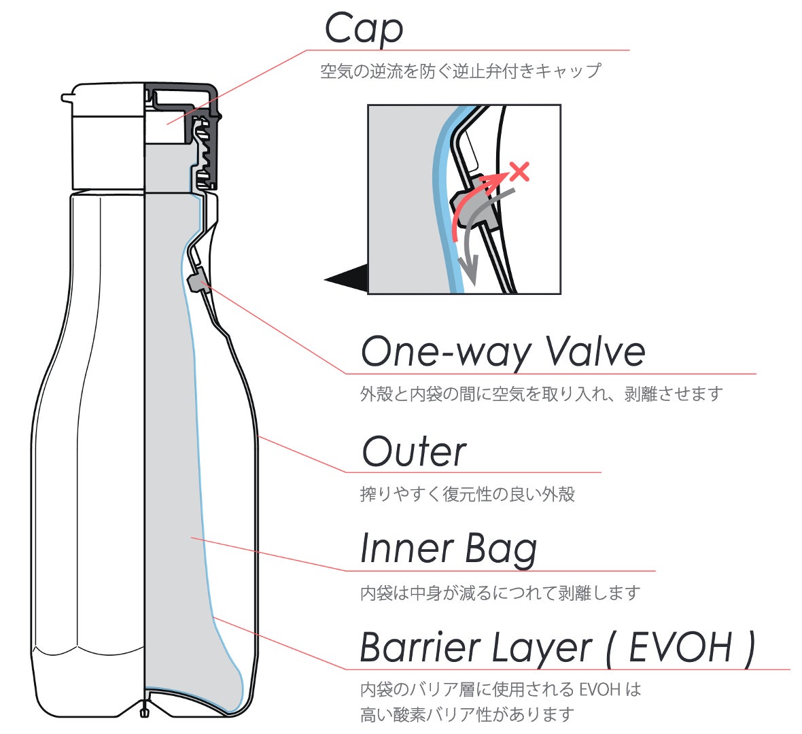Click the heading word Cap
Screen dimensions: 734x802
[x=364, y=29]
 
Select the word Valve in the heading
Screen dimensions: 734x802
[x=595, y=351]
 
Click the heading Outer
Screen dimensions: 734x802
[x=414, y=451]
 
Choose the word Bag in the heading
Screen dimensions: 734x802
[x=501, y=550]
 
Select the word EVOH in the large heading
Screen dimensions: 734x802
[x=680, y=647]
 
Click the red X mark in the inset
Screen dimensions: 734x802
[x=519, y=171]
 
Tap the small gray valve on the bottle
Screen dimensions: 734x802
[x=194, y=281]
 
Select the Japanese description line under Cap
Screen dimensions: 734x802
[x=460, y=71]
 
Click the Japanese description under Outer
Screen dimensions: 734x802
[x=467, y=494]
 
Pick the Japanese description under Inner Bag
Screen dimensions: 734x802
[x=500, y=593]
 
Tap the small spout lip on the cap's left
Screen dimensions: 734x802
[x=67, y=98]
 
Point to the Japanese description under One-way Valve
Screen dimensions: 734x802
[x=541, y=394]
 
